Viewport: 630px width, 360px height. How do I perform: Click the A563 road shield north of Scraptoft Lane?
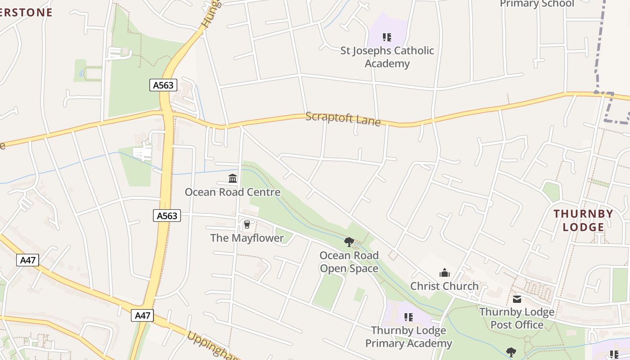tap(163, 85)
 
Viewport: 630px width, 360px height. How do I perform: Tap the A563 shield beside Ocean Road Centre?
tap(167, 216)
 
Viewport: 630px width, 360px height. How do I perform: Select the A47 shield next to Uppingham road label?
tap(143, 315)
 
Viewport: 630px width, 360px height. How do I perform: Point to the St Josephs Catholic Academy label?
tap(387, 57)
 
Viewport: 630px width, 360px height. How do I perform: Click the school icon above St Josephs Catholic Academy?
tap(387, 37)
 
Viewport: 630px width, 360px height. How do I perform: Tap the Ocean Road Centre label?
tap(233, 192)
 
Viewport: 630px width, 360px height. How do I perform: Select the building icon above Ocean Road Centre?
tap(233, 179)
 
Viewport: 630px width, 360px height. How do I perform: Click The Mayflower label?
tap(247, 238)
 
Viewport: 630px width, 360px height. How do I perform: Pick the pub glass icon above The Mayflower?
tap(247, 224)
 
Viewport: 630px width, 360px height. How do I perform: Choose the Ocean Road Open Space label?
tap(349, 262)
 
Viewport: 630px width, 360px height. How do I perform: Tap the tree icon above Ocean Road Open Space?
tap(349, 243)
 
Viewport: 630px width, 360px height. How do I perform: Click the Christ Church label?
tap(444, 286)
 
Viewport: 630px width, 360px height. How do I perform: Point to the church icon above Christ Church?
tap(444, 273)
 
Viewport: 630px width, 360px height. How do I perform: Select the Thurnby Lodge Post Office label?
tap(517, 318)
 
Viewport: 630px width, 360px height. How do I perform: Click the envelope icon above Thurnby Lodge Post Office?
tap(517, 299)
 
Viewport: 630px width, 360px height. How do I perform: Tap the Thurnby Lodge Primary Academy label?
tap(408, 337)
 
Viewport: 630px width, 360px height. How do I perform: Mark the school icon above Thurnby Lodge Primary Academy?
tap(408, 317)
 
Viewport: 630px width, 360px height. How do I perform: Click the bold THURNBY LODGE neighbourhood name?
tap(583, 220)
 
